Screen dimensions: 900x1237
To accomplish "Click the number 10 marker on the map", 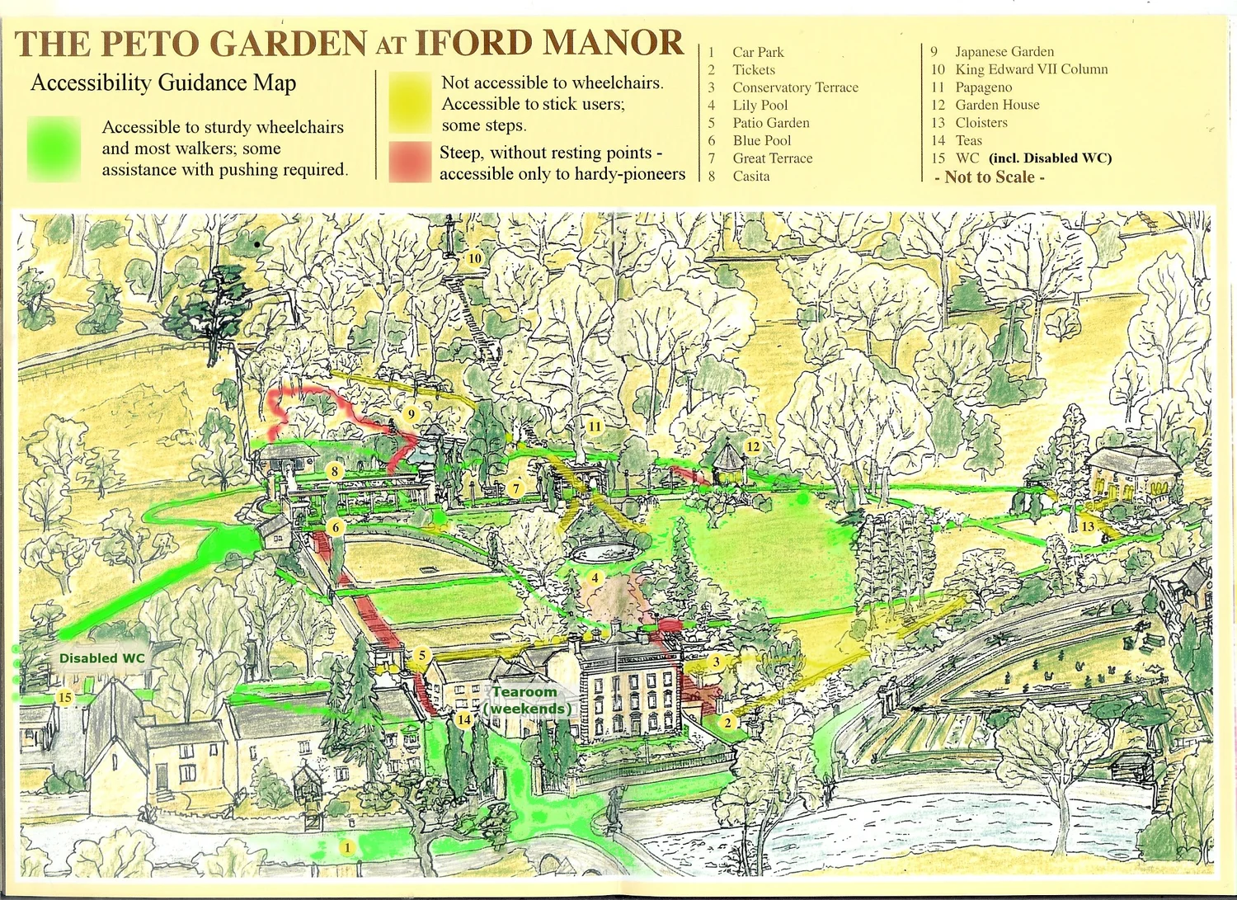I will coord(474,258).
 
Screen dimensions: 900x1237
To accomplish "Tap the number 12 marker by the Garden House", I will coord(752,446).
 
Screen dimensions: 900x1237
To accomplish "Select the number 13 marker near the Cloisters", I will coord(1088,526).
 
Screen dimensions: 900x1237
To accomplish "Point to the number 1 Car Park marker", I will coord(348,847).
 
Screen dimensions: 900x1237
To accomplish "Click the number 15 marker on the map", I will coord(64,698).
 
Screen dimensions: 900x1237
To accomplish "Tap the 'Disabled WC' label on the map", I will coord(101,658).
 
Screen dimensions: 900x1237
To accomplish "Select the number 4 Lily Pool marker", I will coord(595,578).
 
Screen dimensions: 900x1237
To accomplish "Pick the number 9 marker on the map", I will coord(411,414).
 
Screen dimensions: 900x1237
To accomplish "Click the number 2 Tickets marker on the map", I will coord(727,723).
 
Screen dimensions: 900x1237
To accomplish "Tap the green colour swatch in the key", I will coord(54,148).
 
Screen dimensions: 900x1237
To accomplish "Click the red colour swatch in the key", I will coord(410,162).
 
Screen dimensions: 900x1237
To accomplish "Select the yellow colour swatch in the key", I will coord(410,102).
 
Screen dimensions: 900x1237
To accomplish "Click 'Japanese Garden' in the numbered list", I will coord(1004,51).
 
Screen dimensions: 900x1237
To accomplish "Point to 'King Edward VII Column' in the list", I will coord(1031,69).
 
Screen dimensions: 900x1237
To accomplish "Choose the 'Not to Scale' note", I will coord(990,177).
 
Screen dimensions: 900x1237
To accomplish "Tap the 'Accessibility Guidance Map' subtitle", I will coord(163,83).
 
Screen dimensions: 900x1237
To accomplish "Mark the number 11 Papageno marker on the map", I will coord(595,426).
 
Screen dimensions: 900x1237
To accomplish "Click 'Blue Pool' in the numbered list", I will coord(761,140).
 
